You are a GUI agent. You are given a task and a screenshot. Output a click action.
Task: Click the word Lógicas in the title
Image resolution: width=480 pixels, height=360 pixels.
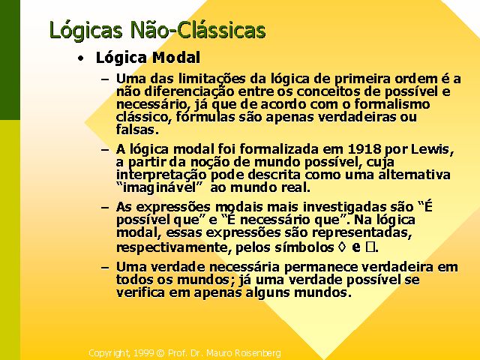click(86, 31)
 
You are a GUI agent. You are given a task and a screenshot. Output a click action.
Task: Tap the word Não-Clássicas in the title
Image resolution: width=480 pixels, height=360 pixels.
click(198, 30)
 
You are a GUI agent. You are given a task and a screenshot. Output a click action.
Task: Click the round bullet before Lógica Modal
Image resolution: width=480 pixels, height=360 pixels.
click(81, 58)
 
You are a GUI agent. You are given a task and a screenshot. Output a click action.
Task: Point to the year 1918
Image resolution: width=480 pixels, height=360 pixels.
click(364, 149)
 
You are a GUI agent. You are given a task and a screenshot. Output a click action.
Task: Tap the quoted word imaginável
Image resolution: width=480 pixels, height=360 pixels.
click(160, 187)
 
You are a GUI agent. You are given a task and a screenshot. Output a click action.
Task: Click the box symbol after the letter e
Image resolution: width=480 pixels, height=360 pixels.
click(370, 247)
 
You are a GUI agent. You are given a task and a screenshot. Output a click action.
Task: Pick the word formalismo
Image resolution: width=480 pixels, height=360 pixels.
click(391, 104)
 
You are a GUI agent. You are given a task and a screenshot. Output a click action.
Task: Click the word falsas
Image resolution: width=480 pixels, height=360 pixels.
click(137, 130)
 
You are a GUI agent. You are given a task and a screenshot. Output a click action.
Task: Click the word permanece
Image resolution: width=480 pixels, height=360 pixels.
click(320, 267)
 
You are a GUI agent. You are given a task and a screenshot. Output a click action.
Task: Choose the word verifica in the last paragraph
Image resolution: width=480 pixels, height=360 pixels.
click(140, 292)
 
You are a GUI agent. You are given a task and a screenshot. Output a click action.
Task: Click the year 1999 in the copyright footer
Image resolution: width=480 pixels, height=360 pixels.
click(143, 353)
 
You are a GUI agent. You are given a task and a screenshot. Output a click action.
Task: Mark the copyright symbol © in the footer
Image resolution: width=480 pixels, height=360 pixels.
click(160, 353)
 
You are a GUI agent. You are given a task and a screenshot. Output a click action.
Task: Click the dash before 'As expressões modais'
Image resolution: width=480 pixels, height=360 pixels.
click(105, 208)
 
